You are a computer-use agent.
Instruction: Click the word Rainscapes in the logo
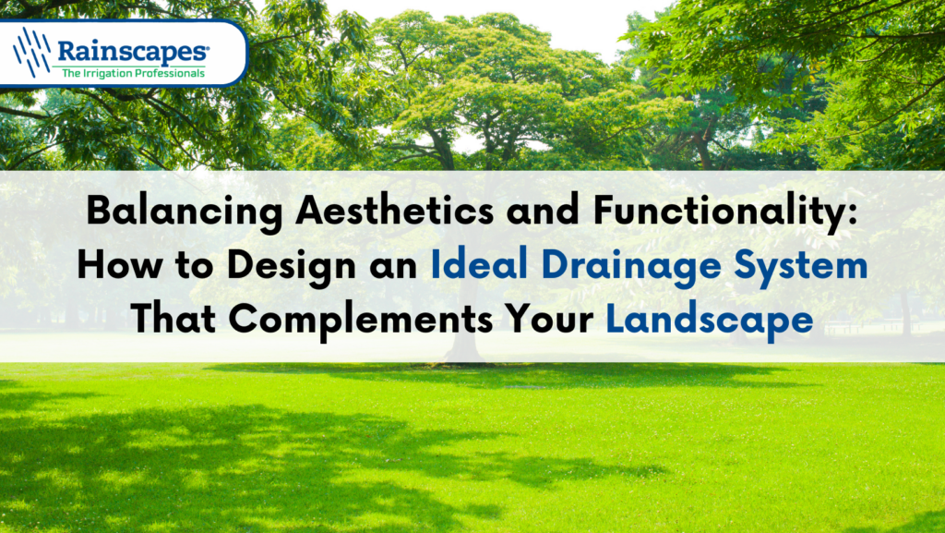pyautogui.click(x=132, y=51)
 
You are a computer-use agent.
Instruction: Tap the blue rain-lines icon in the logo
pyautogui.click(x=32, y=52)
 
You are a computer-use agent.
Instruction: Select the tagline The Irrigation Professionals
pyautogui.click(x=133, y=73)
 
